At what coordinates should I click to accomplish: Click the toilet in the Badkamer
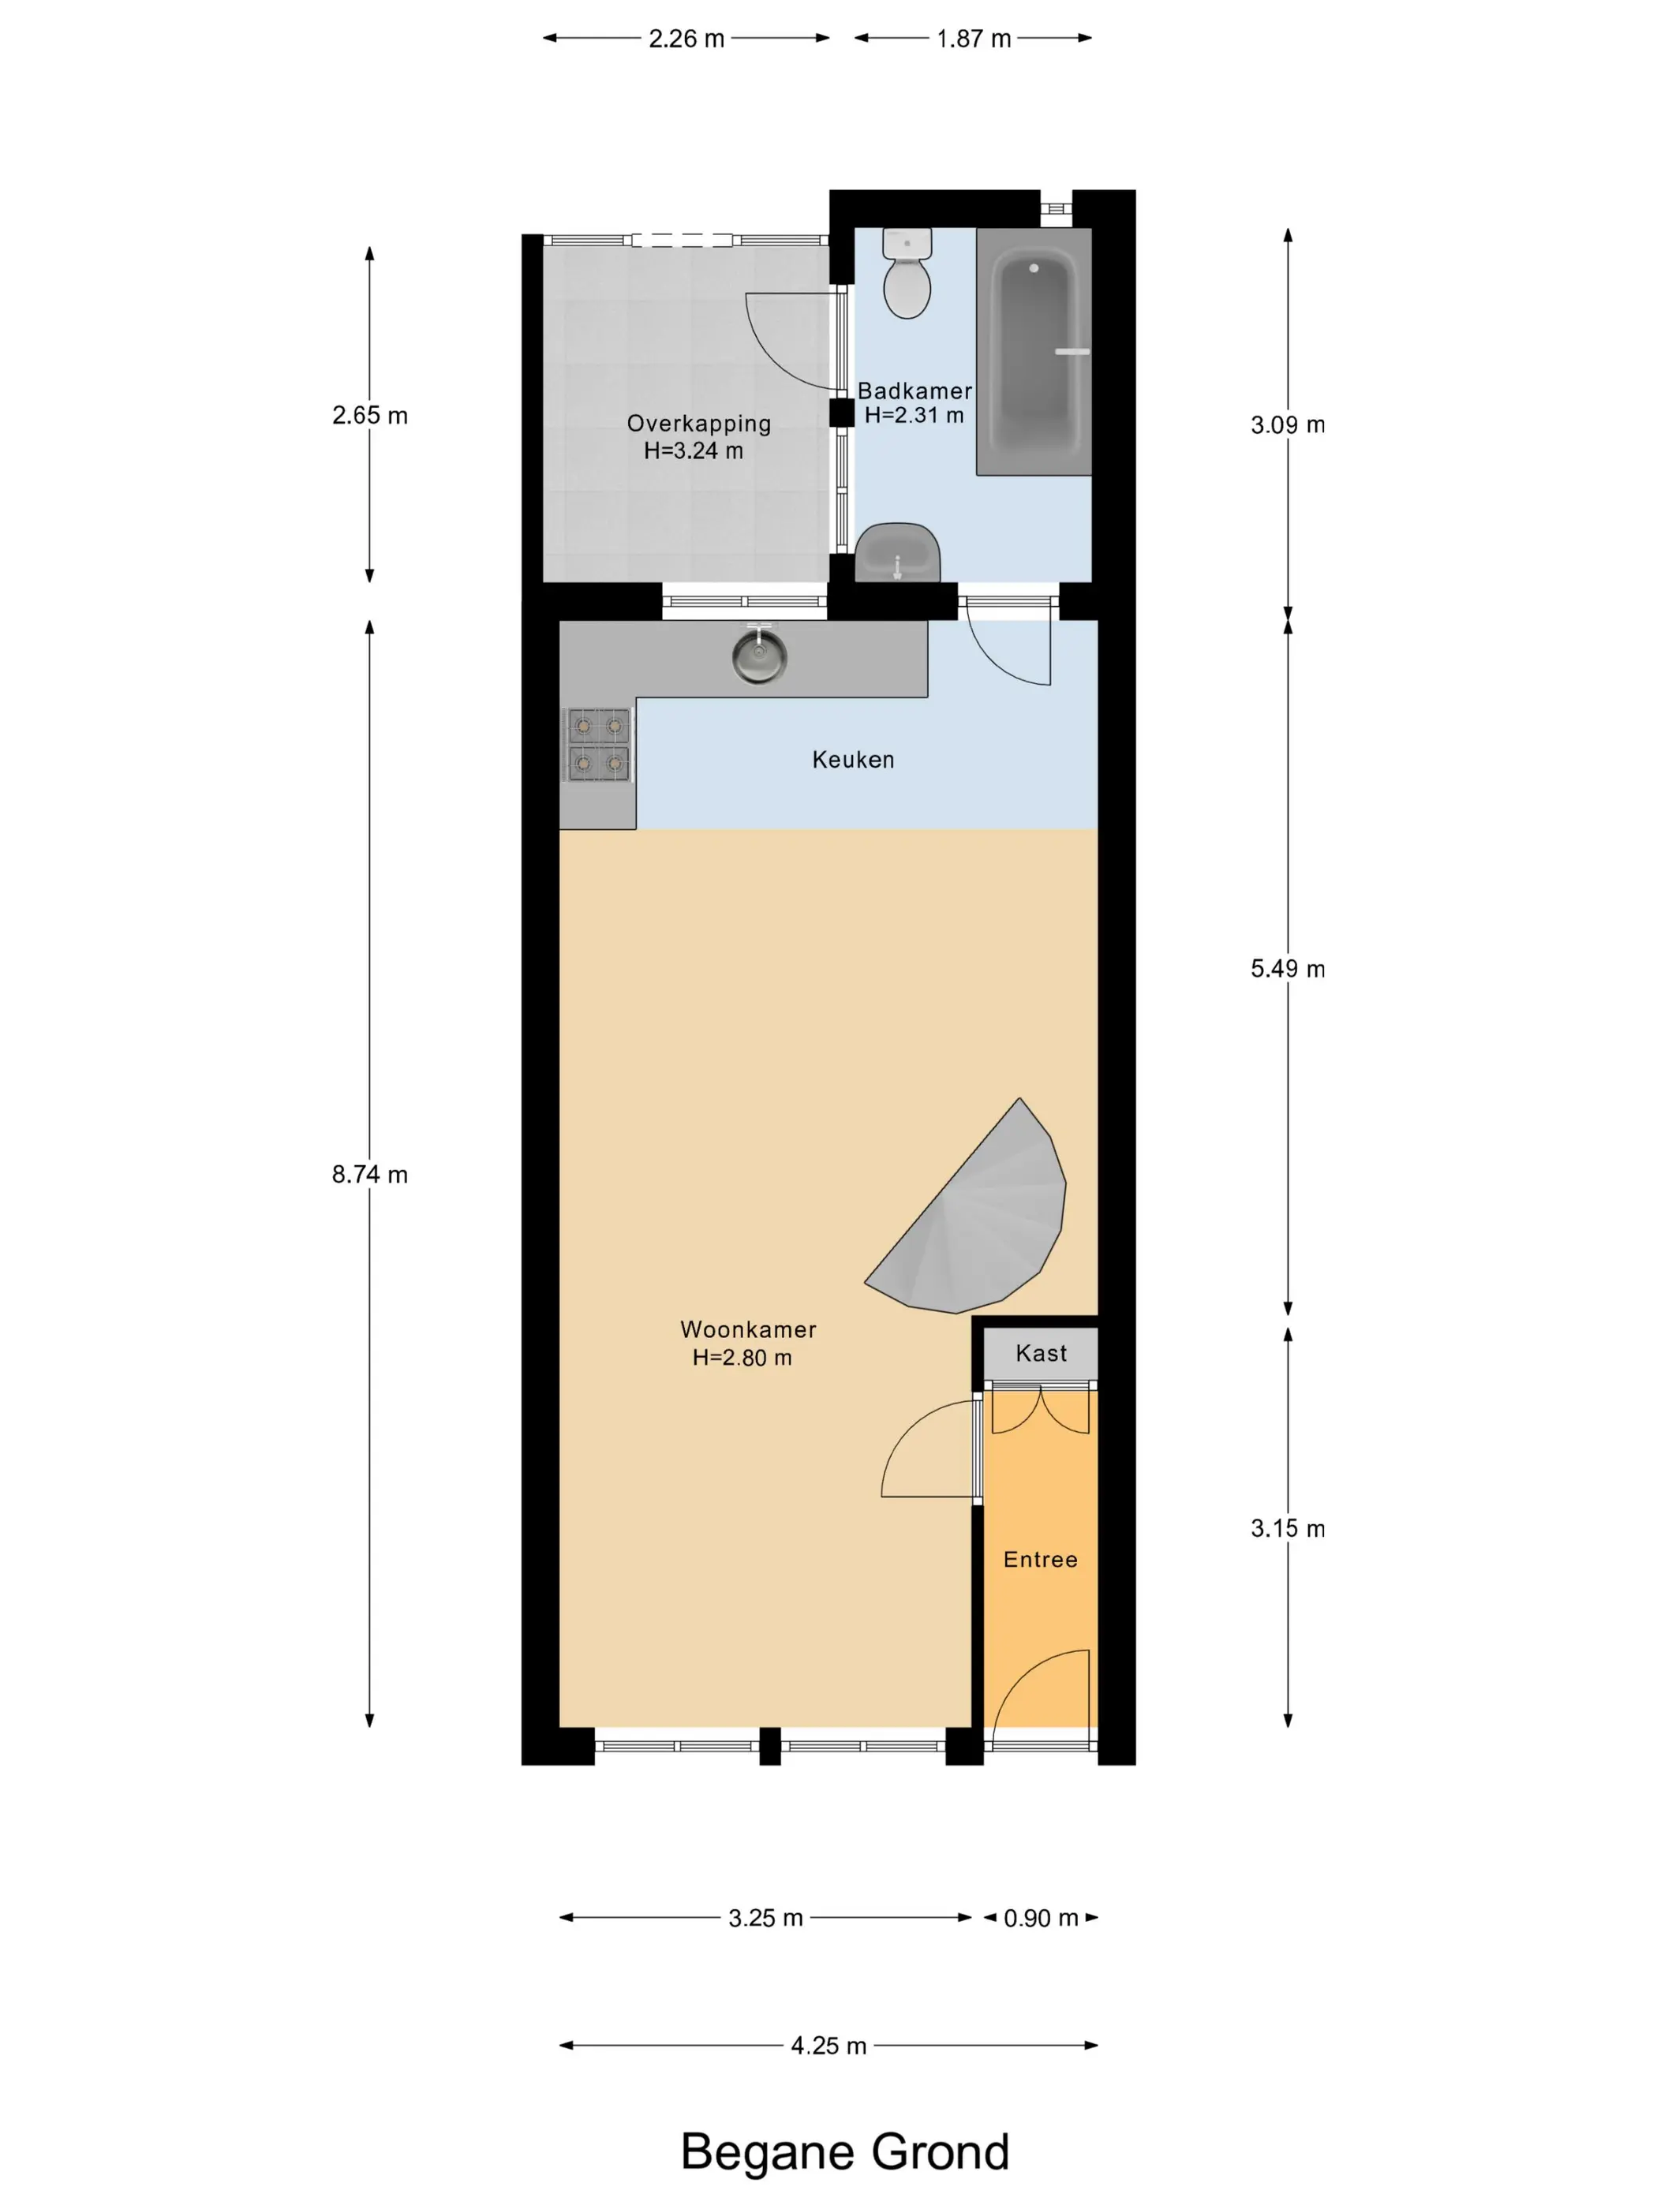(x=907, y=273)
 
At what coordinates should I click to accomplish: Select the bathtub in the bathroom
(x=1034, y=352)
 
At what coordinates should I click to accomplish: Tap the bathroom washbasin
(x=897, y=552)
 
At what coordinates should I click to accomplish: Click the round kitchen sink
(x=759, y=656)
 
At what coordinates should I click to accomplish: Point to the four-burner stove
(x=598, y=745)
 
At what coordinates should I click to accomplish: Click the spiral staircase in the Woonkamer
(x=966, y=1213)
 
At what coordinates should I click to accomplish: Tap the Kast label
(x=1041, y=1353)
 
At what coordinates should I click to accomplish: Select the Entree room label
(x=1041, y=1560)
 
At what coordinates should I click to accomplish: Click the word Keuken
(x=853, y=760)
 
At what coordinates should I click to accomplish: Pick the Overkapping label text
(x=699, y=424)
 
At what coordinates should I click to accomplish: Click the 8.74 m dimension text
(x=369, y=1175)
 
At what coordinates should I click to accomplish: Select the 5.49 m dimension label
(x=1288, y=969)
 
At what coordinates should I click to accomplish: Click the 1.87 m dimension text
(x=973, y=39)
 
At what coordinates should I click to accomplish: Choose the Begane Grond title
(x=845, y=2152)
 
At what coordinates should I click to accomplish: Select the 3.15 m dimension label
(x=1288, y=1529)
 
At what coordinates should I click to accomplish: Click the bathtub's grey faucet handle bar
(x=1072, y=352)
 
